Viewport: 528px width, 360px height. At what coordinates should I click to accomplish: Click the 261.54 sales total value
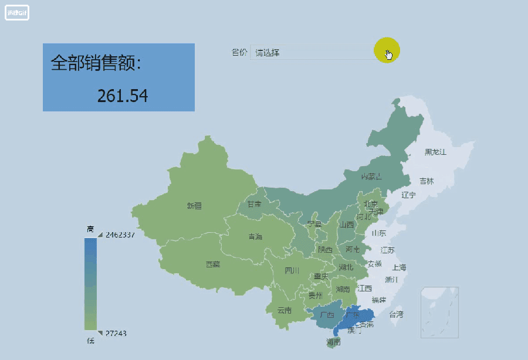pos(122,96)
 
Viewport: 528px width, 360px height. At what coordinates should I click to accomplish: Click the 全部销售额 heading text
pos(96,63)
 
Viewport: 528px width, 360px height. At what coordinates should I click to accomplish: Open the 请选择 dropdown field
pos(311,53)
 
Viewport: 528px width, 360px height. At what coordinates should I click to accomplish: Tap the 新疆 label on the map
pos(194,206)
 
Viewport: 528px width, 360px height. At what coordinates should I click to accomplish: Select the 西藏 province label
pos(213,264)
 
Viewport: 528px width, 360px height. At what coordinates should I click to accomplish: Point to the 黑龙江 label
pos(435,152)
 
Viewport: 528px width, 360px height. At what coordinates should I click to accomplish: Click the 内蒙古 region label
pos(371,176)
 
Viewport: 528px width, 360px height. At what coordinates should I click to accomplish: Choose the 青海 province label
pos(255,237)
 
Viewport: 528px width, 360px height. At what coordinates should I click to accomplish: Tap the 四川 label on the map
pos(292,270)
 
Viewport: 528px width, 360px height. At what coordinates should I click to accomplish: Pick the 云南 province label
pos(284,310)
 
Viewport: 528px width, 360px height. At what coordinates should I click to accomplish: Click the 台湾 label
pos(396,314)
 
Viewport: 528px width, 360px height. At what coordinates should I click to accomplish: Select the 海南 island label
pos(333,342)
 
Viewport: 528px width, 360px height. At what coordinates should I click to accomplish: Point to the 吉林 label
pos(427,181)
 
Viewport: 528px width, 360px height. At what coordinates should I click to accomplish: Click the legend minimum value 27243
pos(116,334)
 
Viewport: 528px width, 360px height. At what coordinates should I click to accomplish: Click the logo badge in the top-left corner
pos(17,13)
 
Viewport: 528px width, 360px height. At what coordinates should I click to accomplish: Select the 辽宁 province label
pos(408,195)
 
